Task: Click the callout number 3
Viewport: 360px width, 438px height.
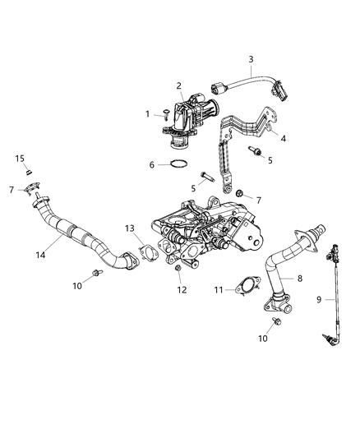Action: tap(252, 59)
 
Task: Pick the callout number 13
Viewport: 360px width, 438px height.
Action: tap(129, 228)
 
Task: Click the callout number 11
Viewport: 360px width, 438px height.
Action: tap(219, 289)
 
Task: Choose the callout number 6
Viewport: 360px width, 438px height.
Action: tap(152, 164)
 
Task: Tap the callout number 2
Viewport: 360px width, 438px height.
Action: tap(179, 86)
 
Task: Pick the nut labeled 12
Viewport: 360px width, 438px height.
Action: tap(179, 271)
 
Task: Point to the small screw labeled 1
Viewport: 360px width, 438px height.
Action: tap(164, 116)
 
